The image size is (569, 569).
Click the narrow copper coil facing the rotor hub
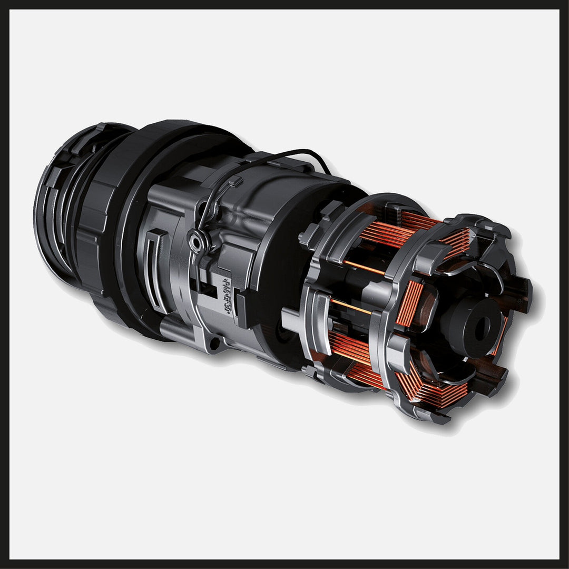coord(409,303)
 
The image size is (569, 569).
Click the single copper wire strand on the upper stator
coord(364,267)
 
